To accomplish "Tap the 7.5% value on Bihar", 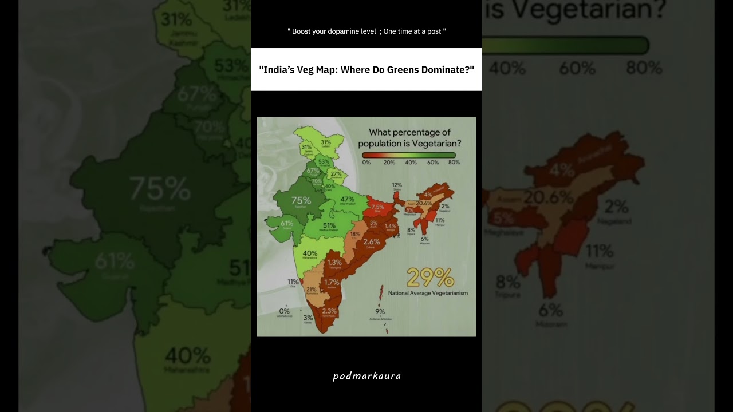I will pyautogui.click(x=377, y=207).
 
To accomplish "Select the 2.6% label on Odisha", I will pyautogui.click(x=372, y=241).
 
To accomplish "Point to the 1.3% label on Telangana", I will pyautogui.click(x=334, y=262).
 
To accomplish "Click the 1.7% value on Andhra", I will pyautogui.click(x=332, y=282).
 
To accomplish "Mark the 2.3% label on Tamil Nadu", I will pyautogui.click(x=329, y=311).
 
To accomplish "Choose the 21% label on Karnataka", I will pyautogui.click(x=311, y=290).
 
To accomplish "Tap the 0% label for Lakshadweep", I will pyautogui.click(x=284, y=311).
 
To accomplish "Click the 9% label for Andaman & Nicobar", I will pyautogui.click(x=380, y=312).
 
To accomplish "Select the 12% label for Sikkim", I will pyautogui.click(x=397, y=185).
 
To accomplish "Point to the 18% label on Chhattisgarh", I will pyautogui.click(x=355, y=234).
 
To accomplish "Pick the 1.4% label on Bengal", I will pyautogui.click(x=391, y=226).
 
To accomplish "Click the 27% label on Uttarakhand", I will pyautogui.click(x=336, y=174).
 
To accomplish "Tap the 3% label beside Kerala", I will pyautogui.click(x=308, y=318).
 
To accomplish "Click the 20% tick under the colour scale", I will pyautogui.click(x=389, y=163).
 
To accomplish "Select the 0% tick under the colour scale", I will pyautogui.click(x=366, y=163).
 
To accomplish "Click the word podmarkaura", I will pyautogui.click(x=366, y=376).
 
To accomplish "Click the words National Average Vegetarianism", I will pyautogui.click(x=428, y=293).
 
